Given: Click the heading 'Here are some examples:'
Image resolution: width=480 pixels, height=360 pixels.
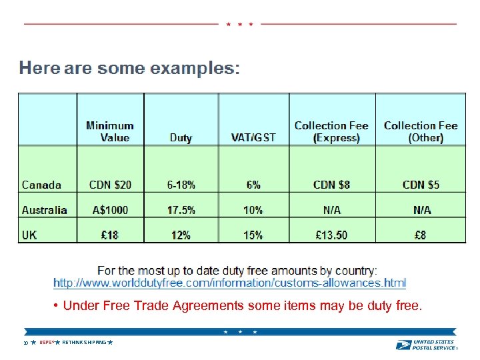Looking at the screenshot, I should click(129, 69).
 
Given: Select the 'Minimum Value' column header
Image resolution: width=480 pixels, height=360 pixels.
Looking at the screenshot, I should click(110, 131).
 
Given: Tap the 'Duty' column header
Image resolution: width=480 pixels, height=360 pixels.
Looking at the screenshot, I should click(181, 138).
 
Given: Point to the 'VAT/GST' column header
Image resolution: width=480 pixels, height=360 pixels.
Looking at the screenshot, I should click(253, 138).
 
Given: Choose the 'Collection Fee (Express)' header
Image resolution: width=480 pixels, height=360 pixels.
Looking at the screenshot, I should click(331, 131).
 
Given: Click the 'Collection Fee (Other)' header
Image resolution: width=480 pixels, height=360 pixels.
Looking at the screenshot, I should click(421, 131).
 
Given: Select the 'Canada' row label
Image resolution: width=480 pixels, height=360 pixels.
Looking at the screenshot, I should click(41, 185).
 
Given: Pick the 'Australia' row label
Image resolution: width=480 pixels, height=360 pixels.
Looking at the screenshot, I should click(45, 210).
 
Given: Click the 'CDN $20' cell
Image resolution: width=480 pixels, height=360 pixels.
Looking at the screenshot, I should click(111, 185).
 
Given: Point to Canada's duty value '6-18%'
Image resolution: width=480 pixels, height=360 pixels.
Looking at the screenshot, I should click(181, 185).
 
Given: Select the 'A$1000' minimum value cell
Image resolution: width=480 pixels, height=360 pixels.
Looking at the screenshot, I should click(111, 210).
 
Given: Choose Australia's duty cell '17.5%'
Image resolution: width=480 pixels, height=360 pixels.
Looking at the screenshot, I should click(181, 210).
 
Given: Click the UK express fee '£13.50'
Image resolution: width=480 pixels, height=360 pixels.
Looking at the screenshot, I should click(332, 235).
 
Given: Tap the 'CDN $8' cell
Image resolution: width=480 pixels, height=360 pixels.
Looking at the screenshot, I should click(332, 185).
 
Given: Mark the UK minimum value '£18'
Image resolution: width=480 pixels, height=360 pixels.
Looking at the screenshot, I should click(111, 235).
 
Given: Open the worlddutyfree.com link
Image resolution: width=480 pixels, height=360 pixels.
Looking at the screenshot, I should click(229, 283).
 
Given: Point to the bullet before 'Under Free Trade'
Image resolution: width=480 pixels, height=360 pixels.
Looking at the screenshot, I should click(58, 306).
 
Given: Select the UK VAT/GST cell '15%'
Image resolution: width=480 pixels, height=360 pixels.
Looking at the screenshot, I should click(253, 235).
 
